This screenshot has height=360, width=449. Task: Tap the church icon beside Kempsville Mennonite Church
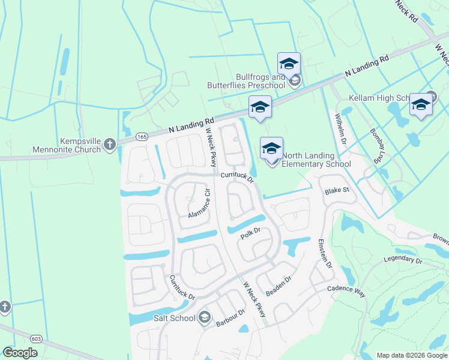(x=109, y=143)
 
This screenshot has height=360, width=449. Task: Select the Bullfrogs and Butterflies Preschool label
(x=246, y=82)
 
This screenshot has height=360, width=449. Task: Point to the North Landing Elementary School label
(x=316, y=160)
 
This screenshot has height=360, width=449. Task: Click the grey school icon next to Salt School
(x=204, y=317)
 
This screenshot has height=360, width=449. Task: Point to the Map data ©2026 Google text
(x=411, y=355)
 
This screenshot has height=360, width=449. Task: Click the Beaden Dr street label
(x=279, y=284)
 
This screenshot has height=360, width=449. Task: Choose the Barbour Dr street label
(x=231, y=318)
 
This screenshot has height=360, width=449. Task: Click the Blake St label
(x=337, y=190)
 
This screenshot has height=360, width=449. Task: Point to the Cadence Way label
(x=346, y=290)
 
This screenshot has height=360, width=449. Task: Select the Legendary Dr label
(x=403, y=260)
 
